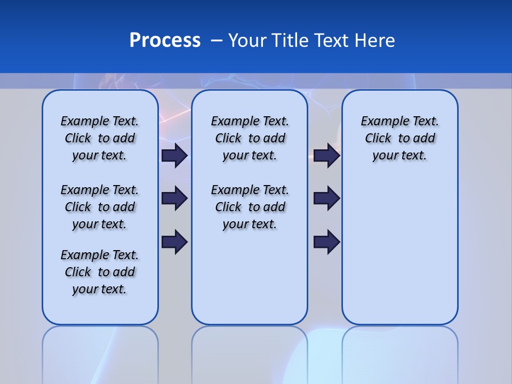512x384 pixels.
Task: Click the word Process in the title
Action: click(165, 41)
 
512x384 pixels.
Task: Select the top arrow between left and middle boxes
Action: click(174, 155)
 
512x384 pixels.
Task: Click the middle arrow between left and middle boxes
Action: click(174, 198)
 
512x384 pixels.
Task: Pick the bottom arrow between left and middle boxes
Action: click(174, 242)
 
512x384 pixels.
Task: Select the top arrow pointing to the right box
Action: click(326, 155)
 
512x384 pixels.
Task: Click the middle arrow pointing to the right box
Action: click(326, 198)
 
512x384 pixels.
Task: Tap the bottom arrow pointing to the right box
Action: click(326, 242)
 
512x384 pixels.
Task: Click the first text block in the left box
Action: click(100, 138)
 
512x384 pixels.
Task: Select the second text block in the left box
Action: click(100, 207)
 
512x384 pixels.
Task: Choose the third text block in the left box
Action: click(100, 272)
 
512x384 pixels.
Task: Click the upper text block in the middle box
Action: click(250, 138)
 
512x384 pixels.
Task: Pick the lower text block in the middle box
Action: click(250, 207)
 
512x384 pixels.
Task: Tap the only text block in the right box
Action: click(399, 138)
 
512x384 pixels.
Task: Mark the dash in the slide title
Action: click(217, 41)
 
